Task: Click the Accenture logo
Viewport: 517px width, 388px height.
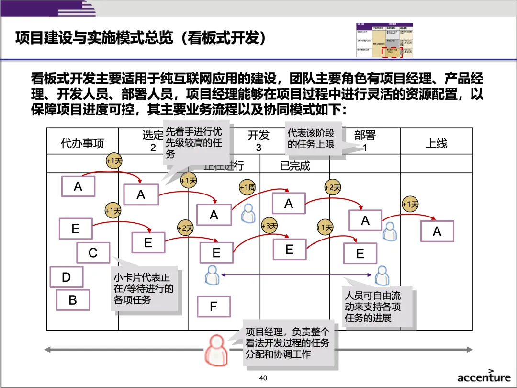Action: tap(483, 376)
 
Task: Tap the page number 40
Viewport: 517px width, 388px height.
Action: tap(263, 378)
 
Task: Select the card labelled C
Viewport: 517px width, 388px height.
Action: tap(93, 253)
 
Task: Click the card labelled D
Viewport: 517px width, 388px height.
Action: tap(67, 277)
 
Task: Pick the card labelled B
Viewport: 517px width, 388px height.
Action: tap(73, 300)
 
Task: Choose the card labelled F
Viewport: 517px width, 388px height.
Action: tap(214, 307)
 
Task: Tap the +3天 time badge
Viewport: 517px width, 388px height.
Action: tap(270, 226)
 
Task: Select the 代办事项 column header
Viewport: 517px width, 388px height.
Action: tap(82, 143)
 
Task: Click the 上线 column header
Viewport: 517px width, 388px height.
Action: tap(436, 143)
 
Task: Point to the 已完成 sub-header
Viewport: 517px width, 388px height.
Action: tap(295, 166)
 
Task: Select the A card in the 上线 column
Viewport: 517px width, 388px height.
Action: tap(437, 231)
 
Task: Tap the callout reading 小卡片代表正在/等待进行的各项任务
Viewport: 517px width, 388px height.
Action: tap(145, 288)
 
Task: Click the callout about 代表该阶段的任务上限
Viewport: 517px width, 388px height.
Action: tap(314, 138)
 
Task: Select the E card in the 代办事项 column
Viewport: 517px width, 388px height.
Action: tap(76, 229)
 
